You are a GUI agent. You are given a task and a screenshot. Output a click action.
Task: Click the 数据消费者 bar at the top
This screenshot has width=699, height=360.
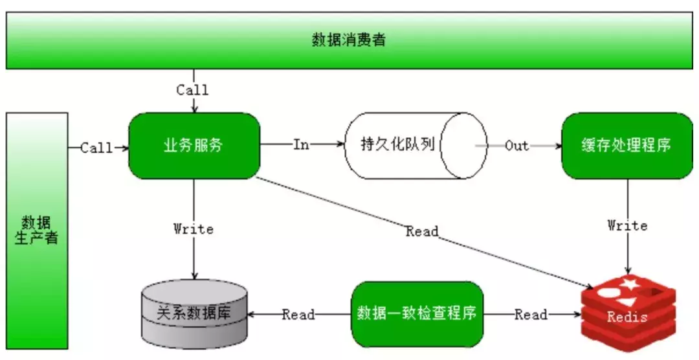(x=349, y=40)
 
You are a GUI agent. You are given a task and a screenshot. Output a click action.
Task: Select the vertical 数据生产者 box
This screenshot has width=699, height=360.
(x=37, y=230)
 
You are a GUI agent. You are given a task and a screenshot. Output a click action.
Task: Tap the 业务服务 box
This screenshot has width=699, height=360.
(x=194, y=146)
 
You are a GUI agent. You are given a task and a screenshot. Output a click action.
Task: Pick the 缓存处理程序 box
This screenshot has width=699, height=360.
(x=627, y=146)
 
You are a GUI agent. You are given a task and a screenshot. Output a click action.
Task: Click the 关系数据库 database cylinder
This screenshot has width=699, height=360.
(x=194, y=315)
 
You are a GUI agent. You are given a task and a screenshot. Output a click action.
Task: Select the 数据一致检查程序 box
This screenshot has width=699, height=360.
(x=417, y=315)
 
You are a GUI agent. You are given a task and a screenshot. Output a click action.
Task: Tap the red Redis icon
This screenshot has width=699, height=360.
(x=627, y=313)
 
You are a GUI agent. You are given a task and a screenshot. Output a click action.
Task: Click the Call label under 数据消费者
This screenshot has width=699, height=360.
(x=192, y=90)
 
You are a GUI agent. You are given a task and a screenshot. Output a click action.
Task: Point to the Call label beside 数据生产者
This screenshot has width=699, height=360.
(x=96, y=148)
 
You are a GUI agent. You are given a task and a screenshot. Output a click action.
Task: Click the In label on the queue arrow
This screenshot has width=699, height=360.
(x=301, y=145)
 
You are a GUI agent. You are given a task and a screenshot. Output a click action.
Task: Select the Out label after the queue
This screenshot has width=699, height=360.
(x=516, y=146)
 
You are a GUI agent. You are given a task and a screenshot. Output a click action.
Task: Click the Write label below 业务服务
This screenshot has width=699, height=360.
(x=194, y=229)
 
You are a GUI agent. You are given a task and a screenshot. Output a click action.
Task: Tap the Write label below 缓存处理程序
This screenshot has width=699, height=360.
(x=627, y=225)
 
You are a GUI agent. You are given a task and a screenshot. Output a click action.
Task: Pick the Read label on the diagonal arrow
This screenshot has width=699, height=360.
(x=422, y=231)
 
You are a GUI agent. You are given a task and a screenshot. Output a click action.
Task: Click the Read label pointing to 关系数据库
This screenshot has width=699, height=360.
(x=298, y=315)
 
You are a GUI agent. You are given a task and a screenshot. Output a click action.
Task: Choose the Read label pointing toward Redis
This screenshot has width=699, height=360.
(x=531, y=315)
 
